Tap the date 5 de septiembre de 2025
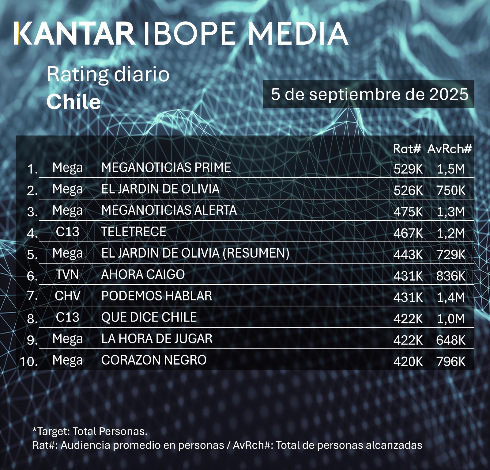369,94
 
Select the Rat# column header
407,149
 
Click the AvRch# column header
450,149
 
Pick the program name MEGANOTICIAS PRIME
166,168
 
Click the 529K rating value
408,169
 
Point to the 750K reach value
451,190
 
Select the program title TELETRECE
134,232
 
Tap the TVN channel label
67,275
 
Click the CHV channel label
67,296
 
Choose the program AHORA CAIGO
143,275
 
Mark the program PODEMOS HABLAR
156,296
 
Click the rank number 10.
29,361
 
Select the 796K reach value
451,362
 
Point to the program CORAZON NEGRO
154,360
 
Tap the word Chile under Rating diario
73,102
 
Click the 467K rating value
408,233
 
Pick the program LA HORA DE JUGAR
156,339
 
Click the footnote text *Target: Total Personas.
90,431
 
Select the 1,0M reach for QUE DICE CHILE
451,319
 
